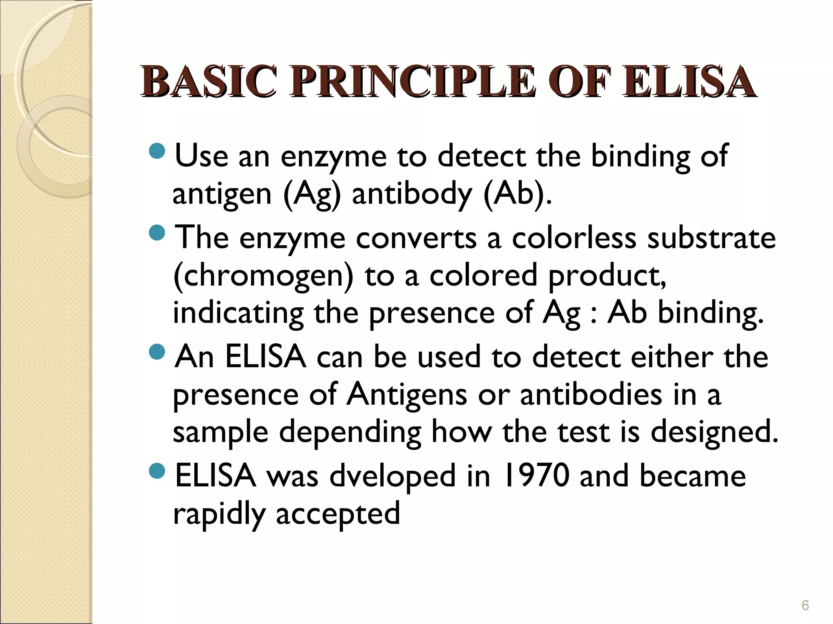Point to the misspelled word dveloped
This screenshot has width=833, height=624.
pos(393,477)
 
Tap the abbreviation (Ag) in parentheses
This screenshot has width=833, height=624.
pos(312,195)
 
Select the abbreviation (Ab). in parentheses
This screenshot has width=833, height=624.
pos(518,194)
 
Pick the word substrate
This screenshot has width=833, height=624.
pos(711,238)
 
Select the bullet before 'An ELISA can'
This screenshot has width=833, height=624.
pos(157,352)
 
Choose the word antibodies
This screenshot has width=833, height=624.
pos(591,394)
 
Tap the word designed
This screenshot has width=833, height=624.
pos(714,433)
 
